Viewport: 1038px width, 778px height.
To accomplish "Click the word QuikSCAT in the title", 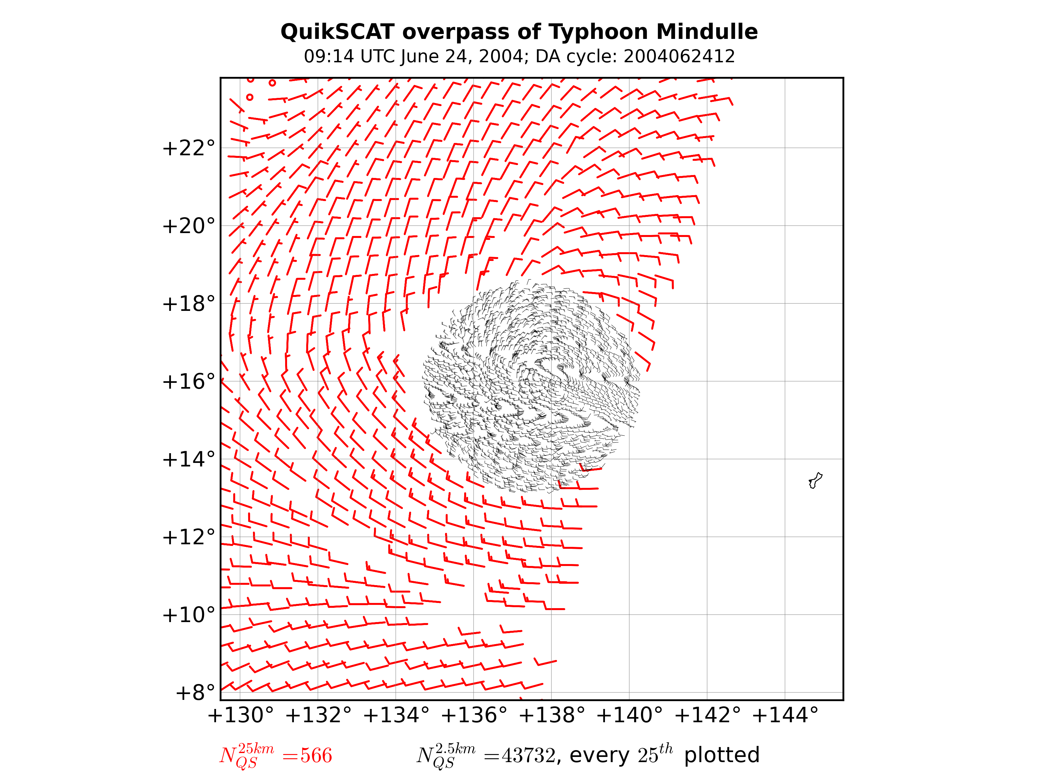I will click(x=337, y=32).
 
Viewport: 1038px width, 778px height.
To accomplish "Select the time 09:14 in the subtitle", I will click(x=330, y=57).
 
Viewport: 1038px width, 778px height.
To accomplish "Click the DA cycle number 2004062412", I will click(x=679, y=57).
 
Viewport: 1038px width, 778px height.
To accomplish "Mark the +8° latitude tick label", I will click(x=195, y=693).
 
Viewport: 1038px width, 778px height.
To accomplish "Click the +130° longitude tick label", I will click(x=240, y=716).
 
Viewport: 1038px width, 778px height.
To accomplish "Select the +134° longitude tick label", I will click(x=396, y=716).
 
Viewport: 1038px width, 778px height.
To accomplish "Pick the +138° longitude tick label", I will click(x=551, y=716).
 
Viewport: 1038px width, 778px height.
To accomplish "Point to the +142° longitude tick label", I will click(x=707, y=716).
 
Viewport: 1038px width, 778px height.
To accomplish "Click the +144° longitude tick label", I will click(x=785, y=716).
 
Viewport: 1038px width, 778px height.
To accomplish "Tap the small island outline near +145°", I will click(x=815, y=481).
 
